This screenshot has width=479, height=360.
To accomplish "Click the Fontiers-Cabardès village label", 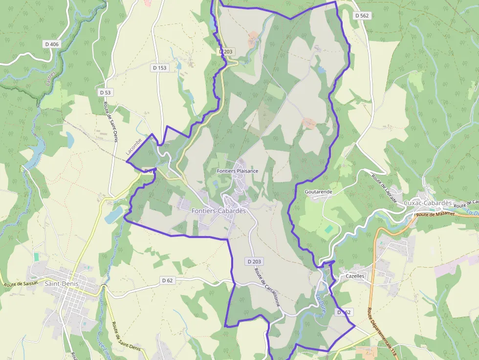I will tap(218, 211).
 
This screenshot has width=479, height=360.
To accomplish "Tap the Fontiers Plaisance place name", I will tap(238, 171).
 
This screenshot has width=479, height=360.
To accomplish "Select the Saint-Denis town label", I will tap(63, 283).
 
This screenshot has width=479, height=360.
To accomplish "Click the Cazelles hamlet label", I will tap(355, 276).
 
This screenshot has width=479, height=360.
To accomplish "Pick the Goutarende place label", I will tap(318, 192).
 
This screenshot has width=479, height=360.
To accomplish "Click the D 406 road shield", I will tap(51, 44).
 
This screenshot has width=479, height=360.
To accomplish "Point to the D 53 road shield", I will tap(105, 92).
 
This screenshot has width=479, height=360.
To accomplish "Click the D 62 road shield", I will tap(168, 280).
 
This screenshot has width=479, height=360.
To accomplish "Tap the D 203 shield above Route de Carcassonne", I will tap(255, 262).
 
